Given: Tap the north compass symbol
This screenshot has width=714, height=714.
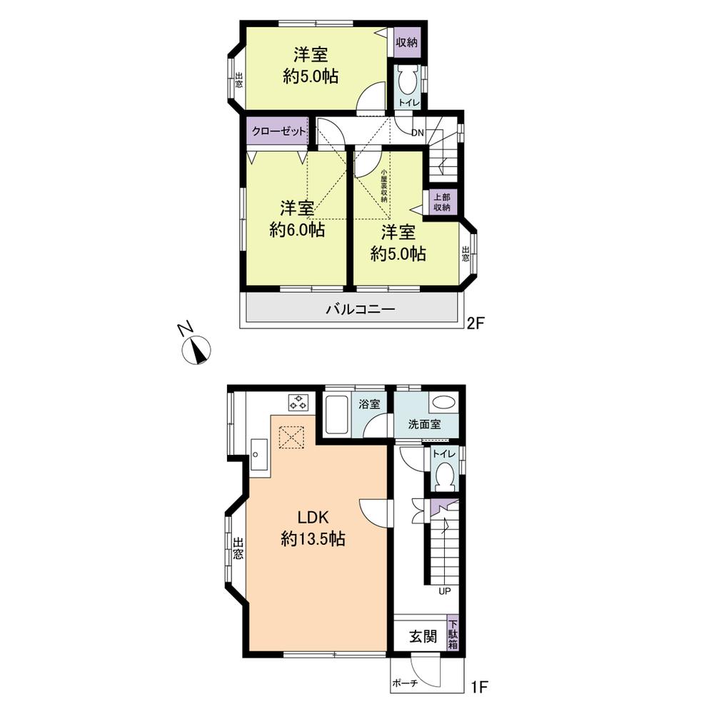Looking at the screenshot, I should (197, 349).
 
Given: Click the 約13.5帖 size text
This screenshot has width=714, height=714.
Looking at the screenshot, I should (313, 540).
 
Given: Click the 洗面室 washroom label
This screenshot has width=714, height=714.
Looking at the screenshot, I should (424, 423).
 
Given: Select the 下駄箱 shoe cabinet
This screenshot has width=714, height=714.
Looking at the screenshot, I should (453, 631).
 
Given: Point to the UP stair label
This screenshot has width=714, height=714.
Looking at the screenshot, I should (444, 591).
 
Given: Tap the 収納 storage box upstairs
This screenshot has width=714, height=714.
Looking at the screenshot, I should (406, 42).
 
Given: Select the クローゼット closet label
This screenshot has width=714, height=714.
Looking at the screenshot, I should (278, 131).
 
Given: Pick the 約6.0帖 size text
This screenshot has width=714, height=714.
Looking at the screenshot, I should (298, 230).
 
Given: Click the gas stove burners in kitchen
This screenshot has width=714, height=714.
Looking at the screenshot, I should (297, 402).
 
